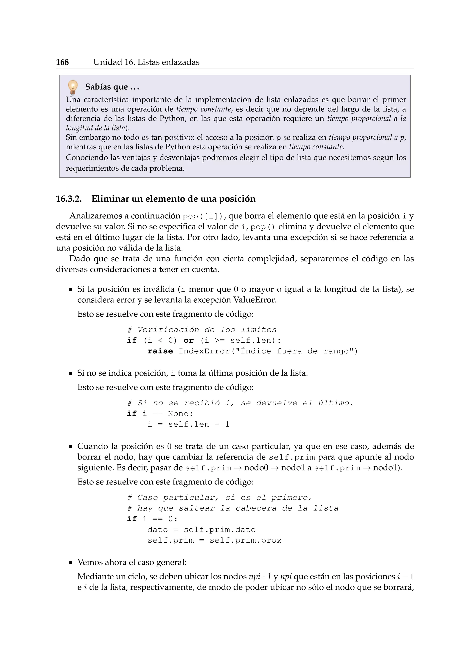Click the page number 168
point(62,62)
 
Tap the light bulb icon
point(73,87)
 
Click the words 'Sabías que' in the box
point(106,87)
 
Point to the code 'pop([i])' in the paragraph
point(203,216)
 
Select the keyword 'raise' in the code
point(160,351)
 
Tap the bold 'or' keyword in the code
point(188,341)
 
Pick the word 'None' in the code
point(178,414)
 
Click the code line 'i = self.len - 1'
point(188,425)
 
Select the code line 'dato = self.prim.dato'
point(201,530)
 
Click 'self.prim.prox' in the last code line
point(245,541)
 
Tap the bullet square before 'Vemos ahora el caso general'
point(71,563)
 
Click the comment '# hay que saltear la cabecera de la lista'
point(233,509)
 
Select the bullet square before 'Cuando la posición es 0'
point(71,447)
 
